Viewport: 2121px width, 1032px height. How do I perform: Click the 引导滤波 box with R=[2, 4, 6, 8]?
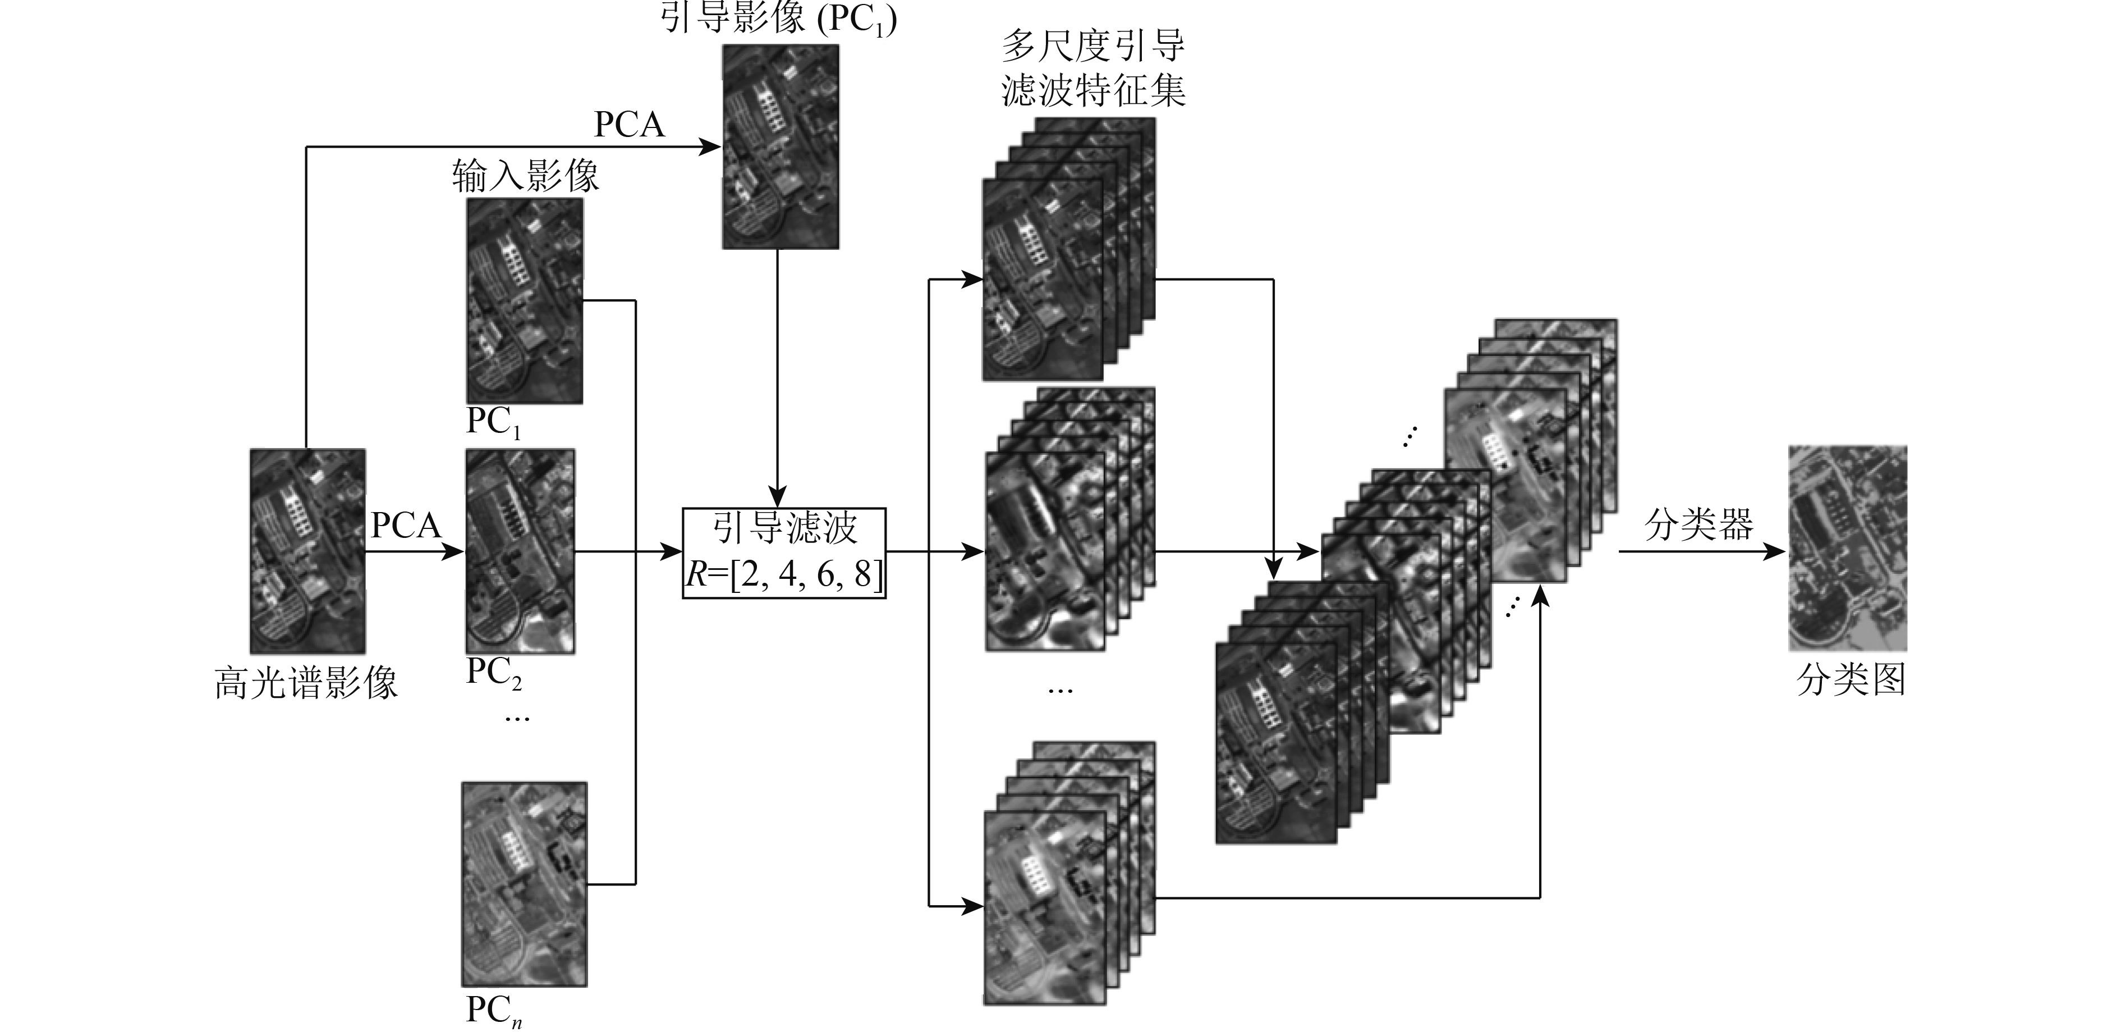784,552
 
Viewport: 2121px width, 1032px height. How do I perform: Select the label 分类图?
1850,681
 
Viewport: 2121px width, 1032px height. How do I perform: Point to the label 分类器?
1698,524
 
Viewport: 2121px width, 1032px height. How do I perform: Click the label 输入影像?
525,175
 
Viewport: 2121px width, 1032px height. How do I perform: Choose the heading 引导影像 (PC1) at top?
778,18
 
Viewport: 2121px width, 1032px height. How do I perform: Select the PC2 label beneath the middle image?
493,673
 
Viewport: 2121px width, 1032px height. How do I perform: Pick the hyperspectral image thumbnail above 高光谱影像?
307,550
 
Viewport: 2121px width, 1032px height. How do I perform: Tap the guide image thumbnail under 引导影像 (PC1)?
780,146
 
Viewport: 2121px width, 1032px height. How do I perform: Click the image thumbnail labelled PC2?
520,550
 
